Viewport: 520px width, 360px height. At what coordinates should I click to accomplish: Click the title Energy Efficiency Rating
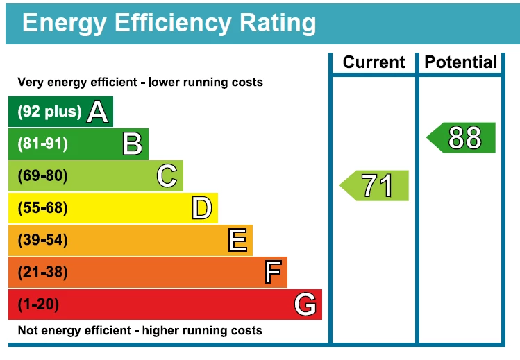(x=169, y=23)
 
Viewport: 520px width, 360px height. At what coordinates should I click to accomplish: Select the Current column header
(x=374, y=62)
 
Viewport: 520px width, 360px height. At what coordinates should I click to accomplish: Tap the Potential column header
(x=461, y=62)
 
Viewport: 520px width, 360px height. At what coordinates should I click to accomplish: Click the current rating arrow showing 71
(x=376, y=185)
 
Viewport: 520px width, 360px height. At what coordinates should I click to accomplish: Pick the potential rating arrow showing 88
(x=462, y=137)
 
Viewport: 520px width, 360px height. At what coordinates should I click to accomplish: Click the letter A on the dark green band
(x=98, y=112)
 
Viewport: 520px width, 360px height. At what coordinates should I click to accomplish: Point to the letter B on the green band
(x=132, y=144)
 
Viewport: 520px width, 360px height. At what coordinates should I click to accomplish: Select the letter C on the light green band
(x=167, y=176)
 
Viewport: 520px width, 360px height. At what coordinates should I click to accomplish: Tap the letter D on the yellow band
(x=201, y=208)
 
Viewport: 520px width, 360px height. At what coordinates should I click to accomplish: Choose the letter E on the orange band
(x=237, y=241)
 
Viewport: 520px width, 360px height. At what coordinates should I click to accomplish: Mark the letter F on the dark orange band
(x=272, y=273)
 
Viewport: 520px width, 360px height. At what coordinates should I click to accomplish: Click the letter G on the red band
(x=305, y=305)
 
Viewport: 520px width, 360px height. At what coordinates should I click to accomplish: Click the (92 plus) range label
(x=49, y=112)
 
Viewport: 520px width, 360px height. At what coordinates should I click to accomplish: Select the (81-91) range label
(x=42, y=144)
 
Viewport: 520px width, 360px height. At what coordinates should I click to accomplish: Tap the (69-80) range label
(x=42, y=176)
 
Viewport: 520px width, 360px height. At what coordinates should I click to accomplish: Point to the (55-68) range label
(x=42, y=208)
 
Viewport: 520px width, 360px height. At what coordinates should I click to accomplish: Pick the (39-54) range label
(x=42, y=241)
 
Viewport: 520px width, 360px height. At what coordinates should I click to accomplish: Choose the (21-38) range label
(x=42, y=273)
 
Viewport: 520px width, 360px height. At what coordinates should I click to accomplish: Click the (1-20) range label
(x=38, y=305)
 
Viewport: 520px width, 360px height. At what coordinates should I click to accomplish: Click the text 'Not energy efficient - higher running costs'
(x=140, y=330)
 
